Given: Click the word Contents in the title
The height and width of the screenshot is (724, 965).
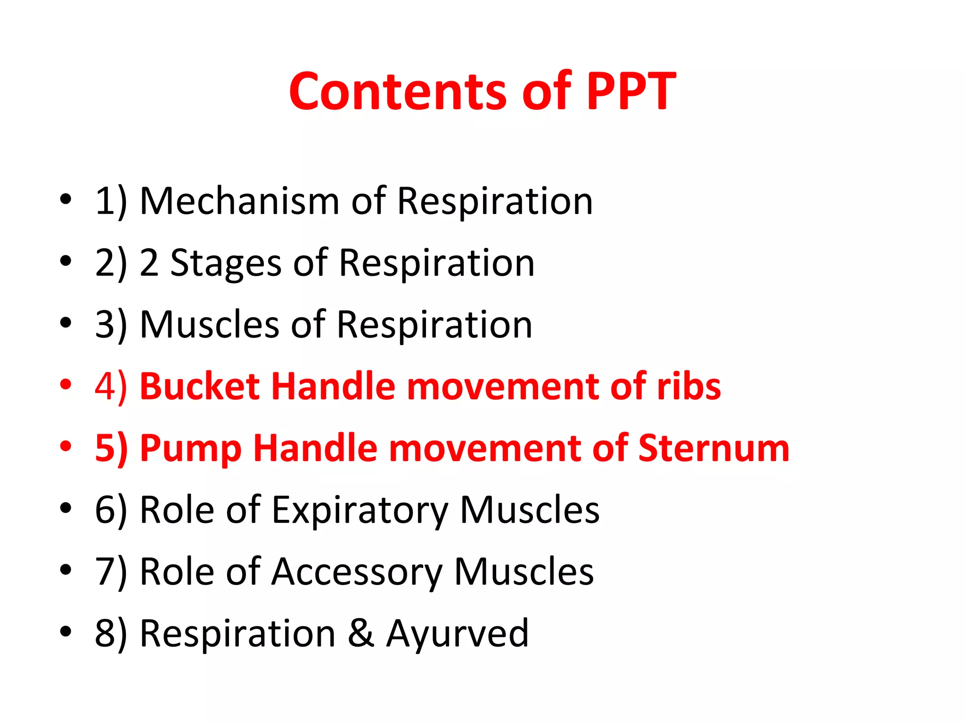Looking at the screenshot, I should tap(399, 91).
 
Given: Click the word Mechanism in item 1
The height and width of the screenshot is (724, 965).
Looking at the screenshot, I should tap(239, 201).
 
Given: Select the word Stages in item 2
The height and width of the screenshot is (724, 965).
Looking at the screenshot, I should tap(226, 263).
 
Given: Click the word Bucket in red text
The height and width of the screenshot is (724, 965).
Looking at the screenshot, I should tap(200, 387).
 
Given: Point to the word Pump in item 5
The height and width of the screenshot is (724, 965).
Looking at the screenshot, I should tap(191, 448).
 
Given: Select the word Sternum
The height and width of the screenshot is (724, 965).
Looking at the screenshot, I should tap(713, 448).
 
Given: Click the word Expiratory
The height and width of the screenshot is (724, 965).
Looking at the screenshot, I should tap(360, 510).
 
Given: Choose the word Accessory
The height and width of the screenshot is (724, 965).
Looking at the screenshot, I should tap(357, 572).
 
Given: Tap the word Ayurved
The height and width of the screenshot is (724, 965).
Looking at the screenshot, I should tap(457, 634).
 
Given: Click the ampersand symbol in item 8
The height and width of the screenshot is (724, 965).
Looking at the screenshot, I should tap(361, 634).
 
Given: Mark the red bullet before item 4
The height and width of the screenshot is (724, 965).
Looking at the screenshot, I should tap(65, 385).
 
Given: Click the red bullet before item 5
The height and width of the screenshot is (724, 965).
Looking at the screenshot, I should tap(65, 446).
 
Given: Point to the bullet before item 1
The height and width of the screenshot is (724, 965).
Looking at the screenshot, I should tap(65, 199).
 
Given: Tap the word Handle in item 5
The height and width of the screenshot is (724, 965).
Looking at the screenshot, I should tap(315, 448).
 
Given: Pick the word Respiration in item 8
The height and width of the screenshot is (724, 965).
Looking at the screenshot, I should tap(237, 634).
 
